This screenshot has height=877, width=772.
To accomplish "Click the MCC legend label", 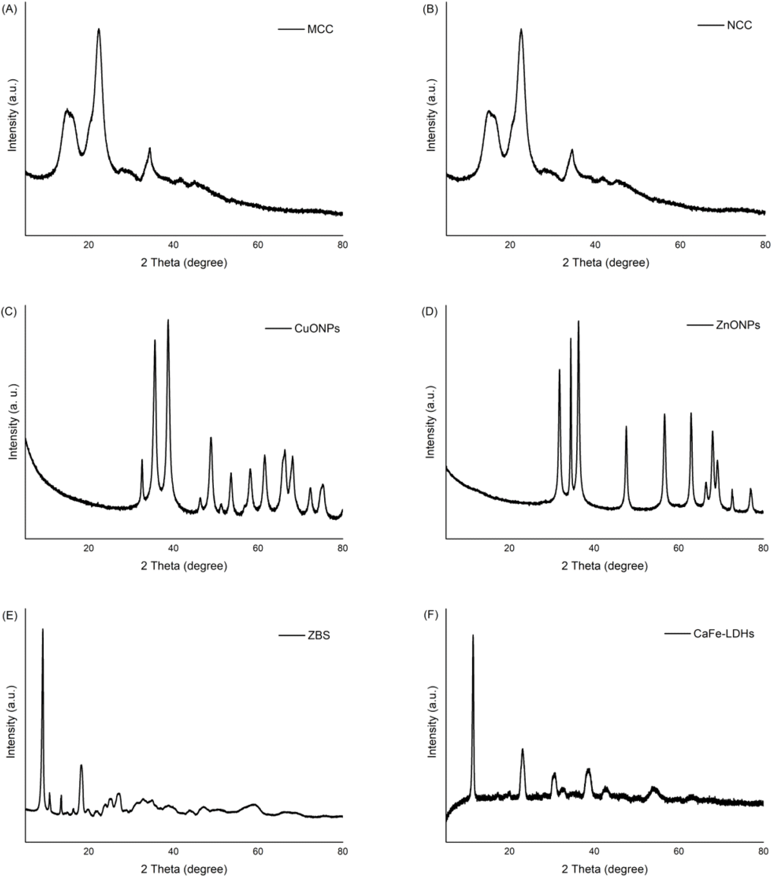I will point(320,30).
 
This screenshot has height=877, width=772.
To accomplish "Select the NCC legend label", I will point(739,25).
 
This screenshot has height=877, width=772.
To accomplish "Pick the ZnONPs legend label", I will point(738,325).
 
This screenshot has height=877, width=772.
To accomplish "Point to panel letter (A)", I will point(9,9).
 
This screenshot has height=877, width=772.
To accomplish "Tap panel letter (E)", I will point(9,615).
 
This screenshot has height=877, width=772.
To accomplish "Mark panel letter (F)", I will point(430,615).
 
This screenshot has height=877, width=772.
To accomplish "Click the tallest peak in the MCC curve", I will point(99,30).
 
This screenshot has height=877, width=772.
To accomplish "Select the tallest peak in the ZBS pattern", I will point(43,630).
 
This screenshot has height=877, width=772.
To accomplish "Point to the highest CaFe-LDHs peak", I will point(473,636).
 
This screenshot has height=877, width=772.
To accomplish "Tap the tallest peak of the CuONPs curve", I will point(168,320).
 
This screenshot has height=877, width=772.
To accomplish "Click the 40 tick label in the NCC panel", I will point(595,245).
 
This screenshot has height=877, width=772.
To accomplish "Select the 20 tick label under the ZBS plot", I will point(89,851).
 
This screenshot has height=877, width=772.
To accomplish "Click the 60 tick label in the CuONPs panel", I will point(258,548).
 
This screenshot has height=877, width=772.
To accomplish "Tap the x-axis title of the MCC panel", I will point(184,263).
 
